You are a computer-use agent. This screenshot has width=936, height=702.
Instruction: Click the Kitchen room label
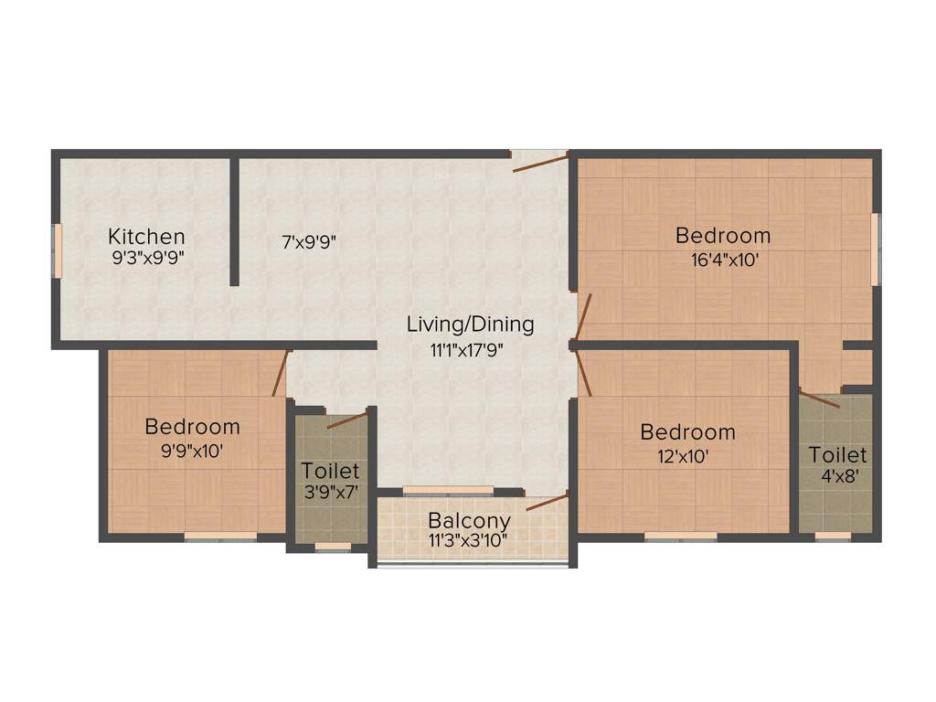(x=146, y=237)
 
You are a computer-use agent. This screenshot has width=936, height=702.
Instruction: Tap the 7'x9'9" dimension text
(x=309, y=243)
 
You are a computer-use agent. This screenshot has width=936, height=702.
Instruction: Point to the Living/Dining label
(x=470, y=324)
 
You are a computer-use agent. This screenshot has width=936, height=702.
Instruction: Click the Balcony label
(x=469, y=521)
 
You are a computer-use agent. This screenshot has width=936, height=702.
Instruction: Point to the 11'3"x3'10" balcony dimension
(x=469, y=539)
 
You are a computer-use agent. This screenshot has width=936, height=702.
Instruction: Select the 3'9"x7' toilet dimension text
(x=330, y=493)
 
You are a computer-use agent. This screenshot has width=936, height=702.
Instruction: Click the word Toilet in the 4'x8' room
(x=838, y=455)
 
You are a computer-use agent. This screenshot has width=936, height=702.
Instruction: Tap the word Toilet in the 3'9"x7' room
(x=330, y=472)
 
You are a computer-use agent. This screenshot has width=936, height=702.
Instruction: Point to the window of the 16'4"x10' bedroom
(x=874, y=245)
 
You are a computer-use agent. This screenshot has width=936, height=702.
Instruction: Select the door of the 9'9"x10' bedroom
(x=281, y=373)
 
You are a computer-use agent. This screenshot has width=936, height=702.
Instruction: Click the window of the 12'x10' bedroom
(x=680, y=537)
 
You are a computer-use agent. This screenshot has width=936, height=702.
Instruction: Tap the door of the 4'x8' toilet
(x=819, y=398)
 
